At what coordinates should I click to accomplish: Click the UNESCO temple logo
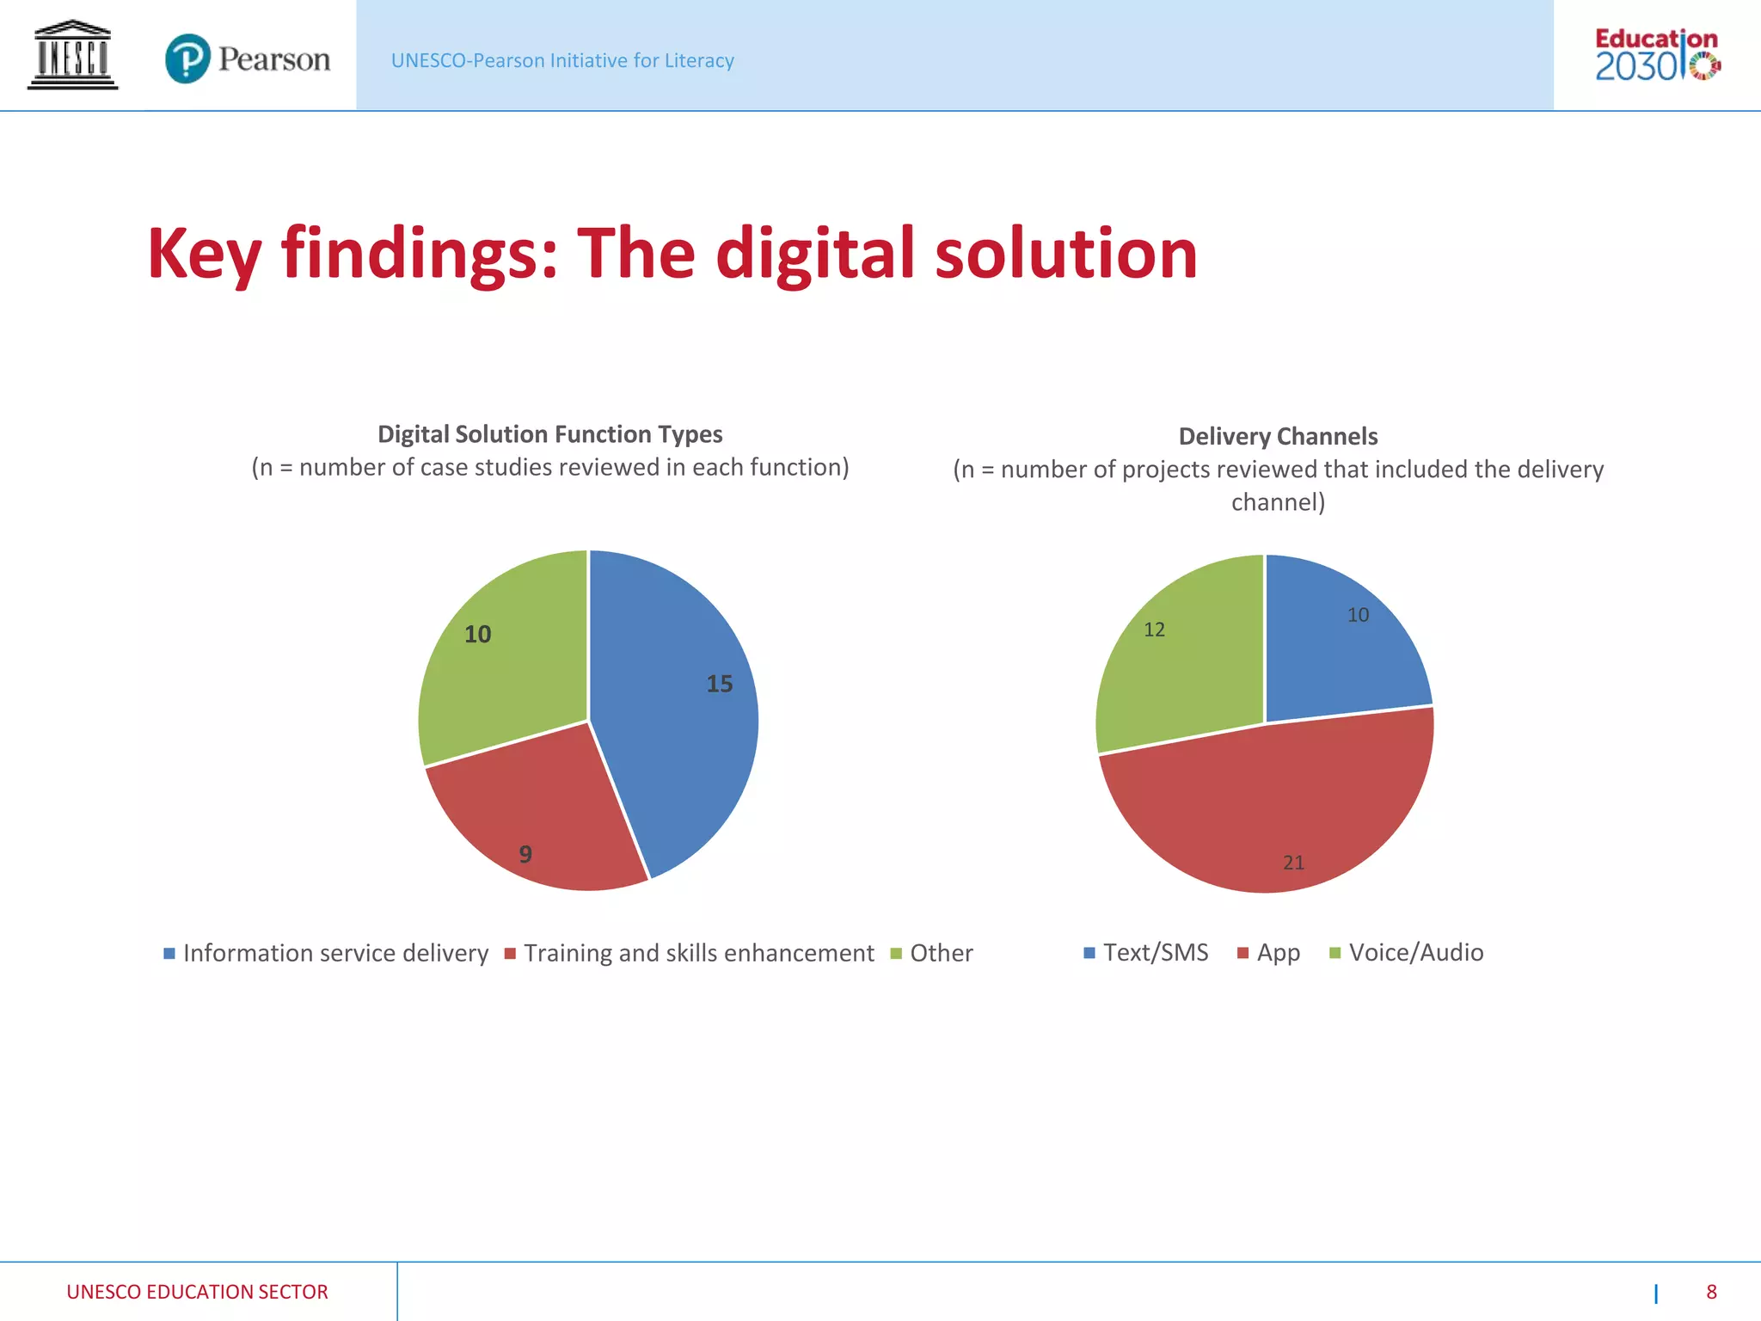tap(72, 55)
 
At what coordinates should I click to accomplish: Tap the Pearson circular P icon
tap(187, 58)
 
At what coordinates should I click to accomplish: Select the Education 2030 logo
tap(1657, 55)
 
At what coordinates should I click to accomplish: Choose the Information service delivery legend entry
tap(327, 953)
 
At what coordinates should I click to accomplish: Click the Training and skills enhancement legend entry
tap(690, 953)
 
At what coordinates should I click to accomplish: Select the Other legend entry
tap(932, 953)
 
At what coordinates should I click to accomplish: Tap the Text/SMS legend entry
tap(1146, 952)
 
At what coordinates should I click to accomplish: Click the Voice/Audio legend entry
tap(1407, 952)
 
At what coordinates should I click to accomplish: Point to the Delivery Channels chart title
tap(1278, 436)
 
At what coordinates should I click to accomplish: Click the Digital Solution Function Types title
tap(550, 434)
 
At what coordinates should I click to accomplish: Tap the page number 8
tap(1711, 1292)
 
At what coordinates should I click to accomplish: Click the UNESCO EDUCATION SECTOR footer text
tap(197, 1292)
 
